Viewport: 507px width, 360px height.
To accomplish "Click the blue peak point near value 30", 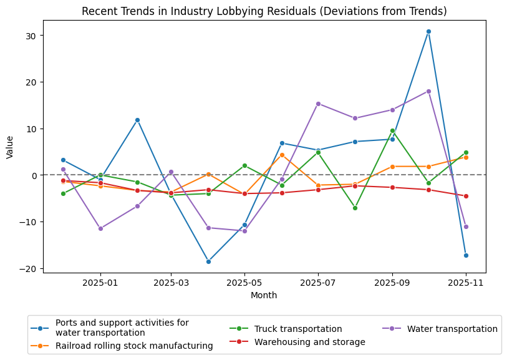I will pyautogui.click(x=428, y=31).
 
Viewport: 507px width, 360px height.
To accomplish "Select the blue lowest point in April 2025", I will pyautogui.click(x=208, y=261).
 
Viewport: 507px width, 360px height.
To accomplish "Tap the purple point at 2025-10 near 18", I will pyautogui.click(x=428, y=91).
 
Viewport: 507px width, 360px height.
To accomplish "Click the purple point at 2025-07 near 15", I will pyautogui.click(x=318, y=104).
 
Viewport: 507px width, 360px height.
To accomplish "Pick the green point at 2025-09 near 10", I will pyautogui.click(x=392, y=130).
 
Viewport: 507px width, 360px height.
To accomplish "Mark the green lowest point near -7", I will pyautogui.click(x=355, y=208).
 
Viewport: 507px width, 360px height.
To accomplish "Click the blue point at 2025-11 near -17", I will pyautogui.click(x=466, y=255).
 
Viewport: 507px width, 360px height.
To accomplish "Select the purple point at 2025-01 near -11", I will pyautogui.click(x=100, y=228).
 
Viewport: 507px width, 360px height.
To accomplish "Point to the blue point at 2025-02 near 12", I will pyautogui.click(x=137, y=120).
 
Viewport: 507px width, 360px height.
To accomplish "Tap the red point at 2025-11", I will pyautogui.click(x=466, y=196).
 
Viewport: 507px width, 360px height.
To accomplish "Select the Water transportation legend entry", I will pyautogui.click(x=452, y=329).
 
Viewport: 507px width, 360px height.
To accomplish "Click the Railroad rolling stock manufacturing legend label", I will pyautogui.click(x=134, y=346).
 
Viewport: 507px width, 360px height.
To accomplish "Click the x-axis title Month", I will pyautogui.click(x=264, y=296).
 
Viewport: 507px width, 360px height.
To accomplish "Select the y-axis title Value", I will pyautogui.click(x=9, y=147).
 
